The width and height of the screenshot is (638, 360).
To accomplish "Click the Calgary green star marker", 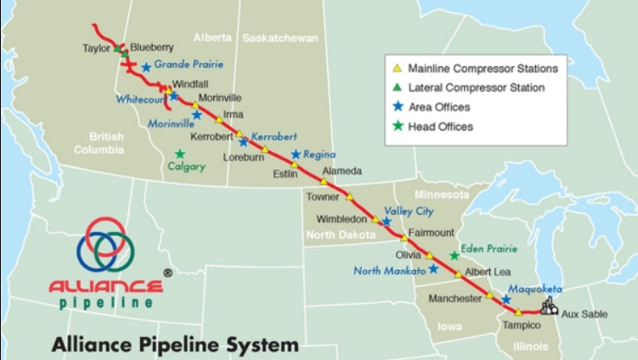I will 180,154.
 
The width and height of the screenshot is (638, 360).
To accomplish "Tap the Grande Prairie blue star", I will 146,66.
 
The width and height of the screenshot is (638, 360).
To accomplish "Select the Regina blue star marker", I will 296,155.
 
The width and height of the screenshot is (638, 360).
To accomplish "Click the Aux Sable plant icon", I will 549,307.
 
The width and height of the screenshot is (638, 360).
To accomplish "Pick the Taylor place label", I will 96,48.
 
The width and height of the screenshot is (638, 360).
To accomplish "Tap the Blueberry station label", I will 152,48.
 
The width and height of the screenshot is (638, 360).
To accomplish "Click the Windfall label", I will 189,84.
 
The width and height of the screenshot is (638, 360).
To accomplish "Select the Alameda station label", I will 343,171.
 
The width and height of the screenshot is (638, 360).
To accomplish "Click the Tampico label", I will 520,326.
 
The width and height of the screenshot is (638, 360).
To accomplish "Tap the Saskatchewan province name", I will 279,38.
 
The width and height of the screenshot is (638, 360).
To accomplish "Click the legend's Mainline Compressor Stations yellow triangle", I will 396,67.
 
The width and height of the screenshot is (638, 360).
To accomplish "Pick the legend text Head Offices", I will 440,127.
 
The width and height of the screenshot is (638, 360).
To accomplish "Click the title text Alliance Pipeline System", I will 175,345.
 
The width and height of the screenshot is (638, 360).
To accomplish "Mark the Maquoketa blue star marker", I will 506,299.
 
